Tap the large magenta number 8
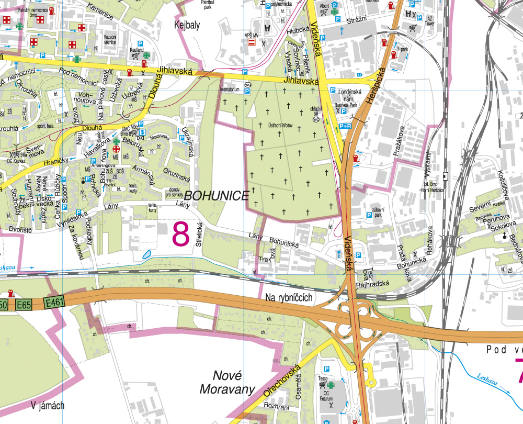pyautogui.click(x=181, y=233)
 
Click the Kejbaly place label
pyautogui.click(x=186, y=24)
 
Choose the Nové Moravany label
pyautogui.click(x=226, y=382)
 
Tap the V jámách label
pyautogui.click(x=47, y=405)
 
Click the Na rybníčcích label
pyautogui.click(x=289, y=297)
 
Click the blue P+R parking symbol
pyautogui.click(x=345, y=126)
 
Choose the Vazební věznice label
pyautogui.click(x=109, y=39)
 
